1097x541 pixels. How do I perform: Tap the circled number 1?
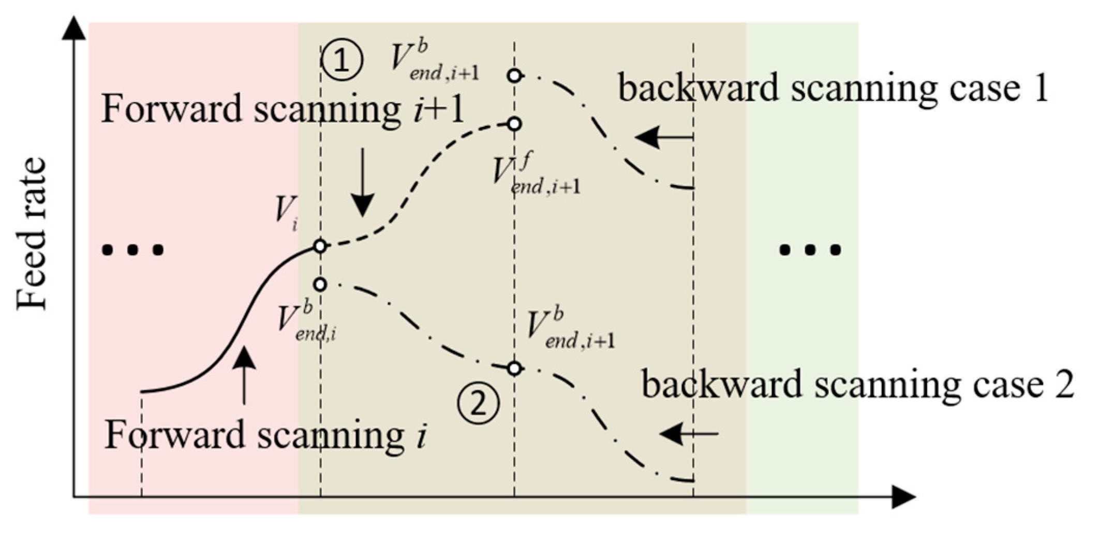point(342,61)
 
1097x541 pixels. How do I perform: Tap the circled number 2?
point(479,403)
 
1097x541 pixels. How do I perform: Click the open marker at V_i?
point(320,246)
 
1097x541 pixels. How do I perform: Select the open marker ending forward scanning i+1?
point(514,124)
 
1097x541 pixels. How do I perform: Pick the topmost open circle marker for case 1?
point(514,76)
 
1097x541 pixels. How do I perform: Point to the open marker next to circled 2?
point(514,369)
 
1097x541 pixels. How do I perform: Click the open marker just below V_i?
point(320,284)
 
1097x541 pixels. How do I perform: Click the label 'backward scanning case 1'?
point(833,88)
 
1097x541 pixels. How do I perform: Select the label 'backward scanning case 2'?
point(858,385)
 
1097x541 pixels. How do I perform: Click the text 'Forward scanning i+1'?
point(283,109)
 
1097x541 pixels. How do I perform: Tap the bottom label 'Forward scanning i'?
point(265,435)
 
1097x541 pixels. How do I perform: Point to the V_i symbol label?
point(286,212)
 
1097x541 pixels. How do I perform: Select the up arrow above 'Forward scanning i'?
point(244,375)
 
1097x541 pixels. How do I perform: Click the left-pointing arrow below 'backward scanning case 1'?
point(664,137)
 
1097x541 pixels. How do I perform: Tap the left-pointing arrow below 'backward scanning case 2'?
point(689,433)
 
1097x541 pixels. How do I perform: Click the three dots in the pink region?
point(134,251)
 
